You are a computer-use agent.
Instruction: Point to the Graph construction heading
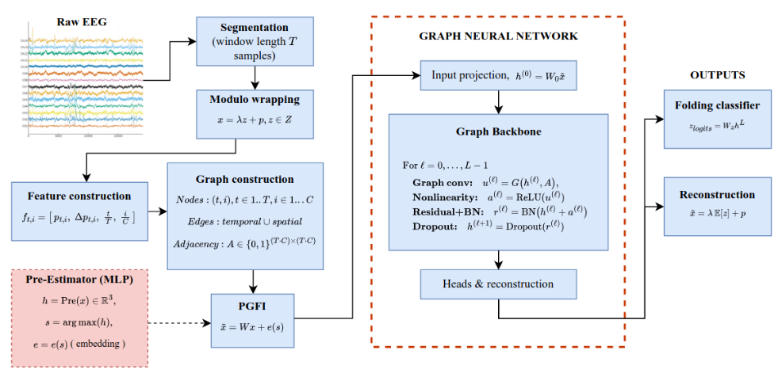245,179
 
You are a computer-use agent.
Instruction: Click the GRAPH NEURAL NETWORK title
498,36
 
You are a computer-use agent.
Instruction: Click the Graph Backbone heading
498,132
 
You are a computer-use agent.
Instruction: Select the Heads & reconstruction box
498,284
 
